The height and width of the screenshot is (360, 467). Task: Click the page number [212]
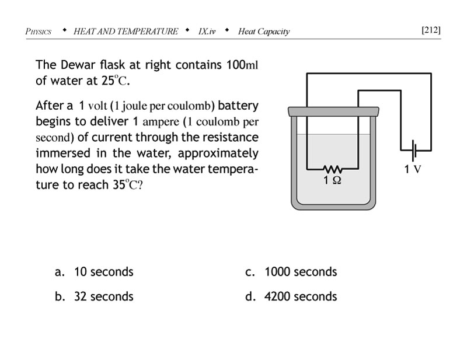click(x=430, y=30)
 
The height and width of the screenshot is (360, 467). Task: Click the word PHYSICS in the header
click(x=39, y=32)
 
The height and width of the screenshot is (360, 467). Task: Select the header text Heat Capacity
click(x=264, y=32)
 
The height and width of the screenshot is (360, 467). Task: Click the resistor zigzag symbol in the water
click(x=332, y=170)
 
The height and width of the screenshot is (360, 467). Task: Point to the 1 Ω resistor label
click(x=333, y=180)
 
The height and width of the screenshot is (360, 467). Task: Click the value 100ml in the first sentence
click(x=241, y=65)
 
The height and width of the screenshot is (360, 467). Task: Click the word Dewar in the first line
click(x=74, y=65)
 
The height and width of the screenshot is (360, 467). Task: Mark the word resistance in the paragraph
click(x=227, y=138)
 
